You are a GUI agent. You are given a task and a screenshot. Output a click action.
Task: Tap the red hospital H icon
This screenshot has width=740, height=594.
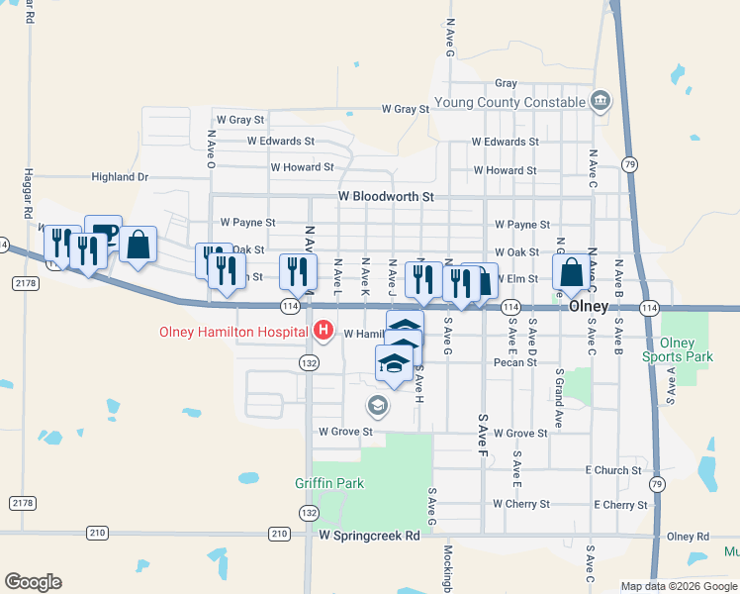[322, 330]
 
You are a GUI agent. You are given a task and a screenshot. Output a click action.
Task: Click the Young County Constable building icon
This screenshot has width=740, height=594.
[600, 100]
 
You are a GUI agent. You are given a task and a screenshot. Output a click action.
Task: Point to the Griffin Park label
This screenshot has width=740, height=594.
[329, 483]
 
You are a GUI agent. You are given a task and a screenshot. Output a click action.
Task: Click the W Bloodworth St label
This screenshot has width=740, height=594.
[386, 197]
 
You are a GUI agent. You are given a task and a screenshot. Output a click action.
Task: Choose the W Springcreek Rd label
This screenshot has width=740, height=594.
[369, 535]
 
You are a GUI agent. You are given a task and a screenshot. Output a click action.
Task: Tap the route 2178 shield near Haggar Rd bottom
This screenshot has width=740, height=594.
[23, 503]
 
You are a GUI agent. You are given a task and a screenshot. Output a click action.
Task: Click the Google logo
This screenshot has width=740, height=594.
[33, 582]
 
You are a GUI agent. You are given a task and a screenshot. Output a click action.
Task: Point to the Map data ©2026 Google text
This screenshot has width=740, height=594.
[678, 586]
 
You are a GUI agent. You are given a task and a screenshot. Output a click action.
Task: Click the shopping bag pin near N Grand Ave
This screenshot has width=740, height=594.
[571, 271]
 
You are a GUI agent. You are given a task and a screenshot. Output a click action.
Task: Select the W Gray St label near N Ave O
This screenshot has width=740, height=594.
[240, 120]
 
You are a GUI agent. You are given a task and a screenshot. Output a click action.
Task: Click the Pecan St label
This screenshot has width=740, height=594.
[516, 362]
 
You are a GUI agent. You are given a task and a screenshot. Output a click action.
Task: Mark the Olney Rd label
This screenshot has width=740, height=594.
[688, 537]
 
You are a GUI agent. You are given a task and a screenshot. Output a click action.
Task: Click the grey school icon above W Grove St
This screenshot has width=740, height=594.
[377, 405]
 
